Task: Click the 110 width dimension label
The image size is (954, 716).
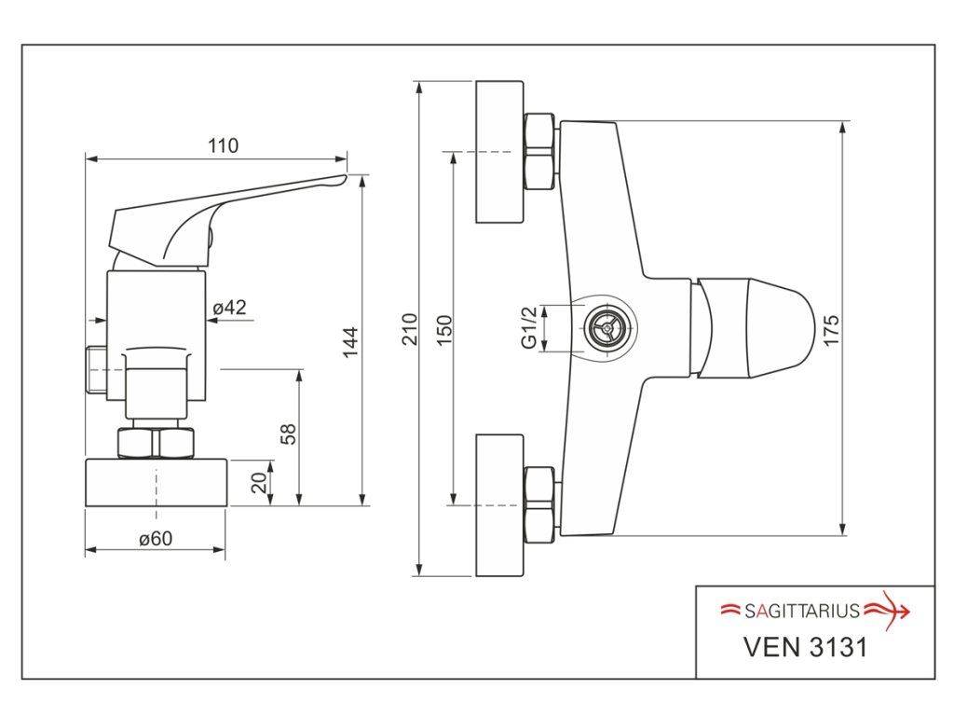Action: point(224,145)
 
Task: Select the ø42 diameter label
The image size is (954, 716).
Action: point(230,307)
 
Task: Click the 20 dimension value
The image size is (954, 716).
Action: point(259,482)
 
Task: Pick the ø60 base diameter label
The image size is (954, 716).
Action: point(156,538)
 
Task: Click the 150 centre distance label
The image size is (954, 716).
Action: point(444,328)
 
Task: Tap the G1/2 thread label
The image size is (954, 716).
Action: point(529,329)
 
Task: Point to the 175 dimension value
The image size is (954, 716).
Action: point(831,328)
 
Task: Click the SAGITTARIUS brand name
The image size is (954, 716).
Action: point(802,612)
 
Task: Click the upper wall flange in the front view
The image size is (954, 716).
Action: point(500,152)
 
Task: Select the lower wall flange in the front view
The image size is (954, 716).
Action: point(500,504)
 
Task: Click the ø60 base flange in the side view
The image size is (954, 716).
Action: point(156,482)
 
